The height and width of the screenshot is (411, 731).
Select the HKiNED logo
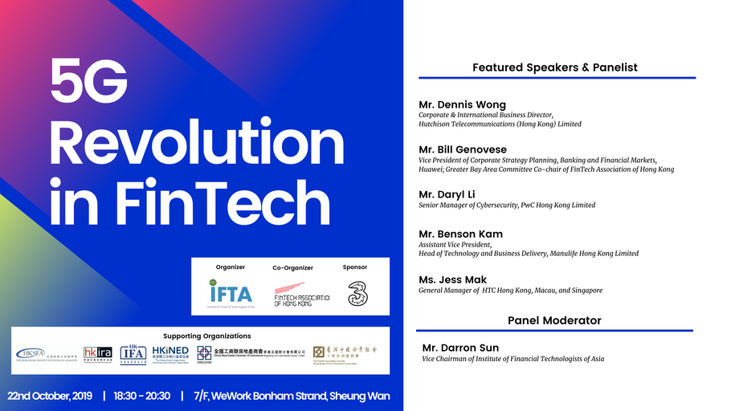(x=170, y=354)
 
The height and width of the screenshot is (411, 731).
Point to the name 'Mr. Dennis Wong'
(x=462, y=104)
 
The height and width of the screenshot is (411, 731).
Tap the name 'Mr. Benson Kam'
(x=460, y=234)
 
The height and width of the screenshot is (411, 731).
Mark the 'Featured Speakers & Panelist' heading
(x=554, y=67)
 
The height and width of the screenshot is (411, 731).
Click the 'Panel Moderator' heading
(x=554, y=320)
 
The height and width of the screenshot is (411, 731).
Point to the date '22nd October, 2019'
(x=50, y=397)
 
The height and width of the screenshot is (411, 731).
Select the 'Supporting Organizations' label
(x=206, y=336)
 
